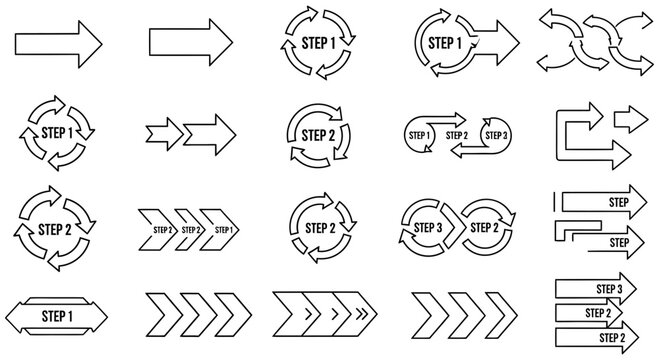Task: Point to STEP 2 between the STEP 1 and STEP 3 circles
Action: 457,135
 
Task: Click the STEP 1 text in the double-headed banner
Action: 57,316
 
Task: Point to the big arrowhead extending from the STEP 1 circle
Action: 506,42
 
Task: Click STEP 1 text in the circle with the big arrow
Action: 444,43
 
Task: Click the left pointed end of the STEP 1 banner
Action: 12,316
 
